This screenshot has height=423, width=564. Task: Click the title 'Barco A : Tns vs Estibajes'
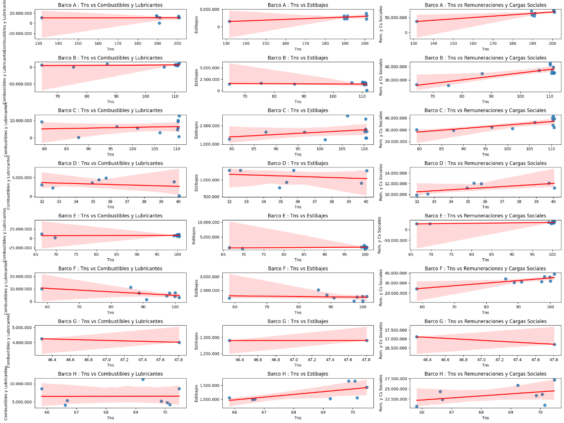[x=298, y=5]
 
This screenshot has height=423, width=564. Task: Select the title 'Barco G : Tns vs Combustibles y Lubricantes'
[x=110, y=321]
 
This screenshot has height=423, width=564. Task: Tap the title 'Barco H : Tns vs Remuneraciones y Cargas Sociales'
[x=485, y=374]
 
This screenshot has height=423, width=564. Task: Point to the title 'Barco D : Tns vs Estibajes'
[x=298, y=163]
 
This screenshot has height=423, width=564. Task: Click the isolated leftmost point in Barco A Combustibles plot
[x=42, y=18]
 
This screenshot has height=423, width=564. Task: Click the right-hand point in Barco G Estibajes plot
[x=366, y=340]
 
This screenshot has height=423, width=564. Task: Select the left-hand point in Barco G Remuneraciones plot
[x=417, y=337]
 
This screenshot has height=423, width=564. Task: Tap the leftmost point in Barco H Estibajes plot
[x=229, y=398]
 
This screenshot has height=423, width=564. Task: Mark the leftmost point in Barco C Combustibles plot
[x=42, y=122]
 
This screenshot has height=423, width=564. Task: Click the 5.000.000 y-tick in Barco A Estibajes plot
[x=210, y=9]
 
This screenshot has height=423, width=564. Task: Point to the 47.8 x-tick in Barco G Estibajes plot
[x=366, y=360]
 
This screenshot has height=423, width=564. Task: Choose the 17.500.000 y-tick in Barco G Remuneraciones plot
[x=396, y=330]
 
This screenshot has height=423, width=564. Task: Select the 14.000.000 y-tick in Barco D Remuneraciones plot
[x=396, y=173]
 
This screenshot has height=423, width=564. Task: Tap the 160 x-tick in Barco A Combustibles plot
[x=98, y=43]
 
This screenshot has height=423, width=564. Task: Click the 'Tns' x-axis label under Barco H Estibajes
[x=298, y=418]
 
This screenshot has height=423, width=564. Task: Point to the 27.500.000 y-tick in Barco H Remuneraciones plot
[x=396, y=379]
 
